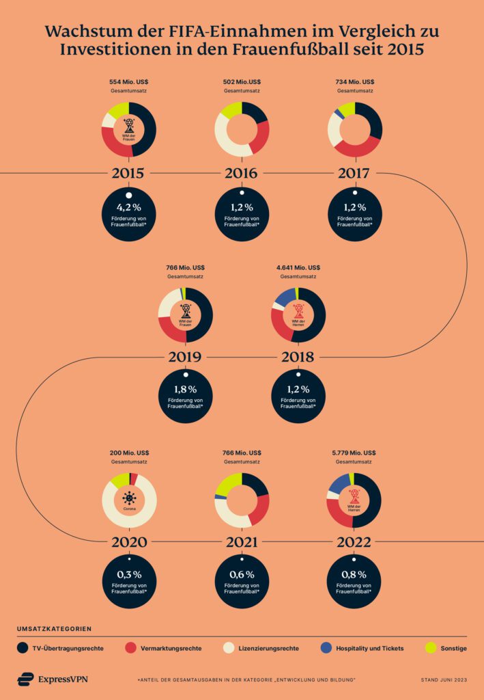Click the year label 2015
pos(129,174)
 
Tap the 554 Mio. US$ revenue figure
pos(129,82)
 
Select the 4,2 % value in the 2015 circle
pos(129,207)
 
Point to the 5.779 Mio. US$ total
pos(354,453)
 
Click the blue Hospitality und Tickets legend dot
pos(325,647)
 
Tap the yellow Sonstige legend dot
pos(430,647)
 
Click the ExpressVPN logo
pos(53,679)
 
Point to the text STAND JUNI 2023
pos(444,679)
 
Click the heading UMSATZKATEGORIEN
pos(54,628)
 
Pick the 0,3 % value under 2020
pos(129,575)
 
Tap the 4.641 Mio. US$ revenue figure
pos(298,267)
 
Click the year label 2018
pos(298,357)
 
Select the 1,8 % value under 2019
pos(185,389)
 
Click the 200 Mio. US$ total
pos(129,453)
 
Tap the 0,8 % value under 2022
pos(354,575)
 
